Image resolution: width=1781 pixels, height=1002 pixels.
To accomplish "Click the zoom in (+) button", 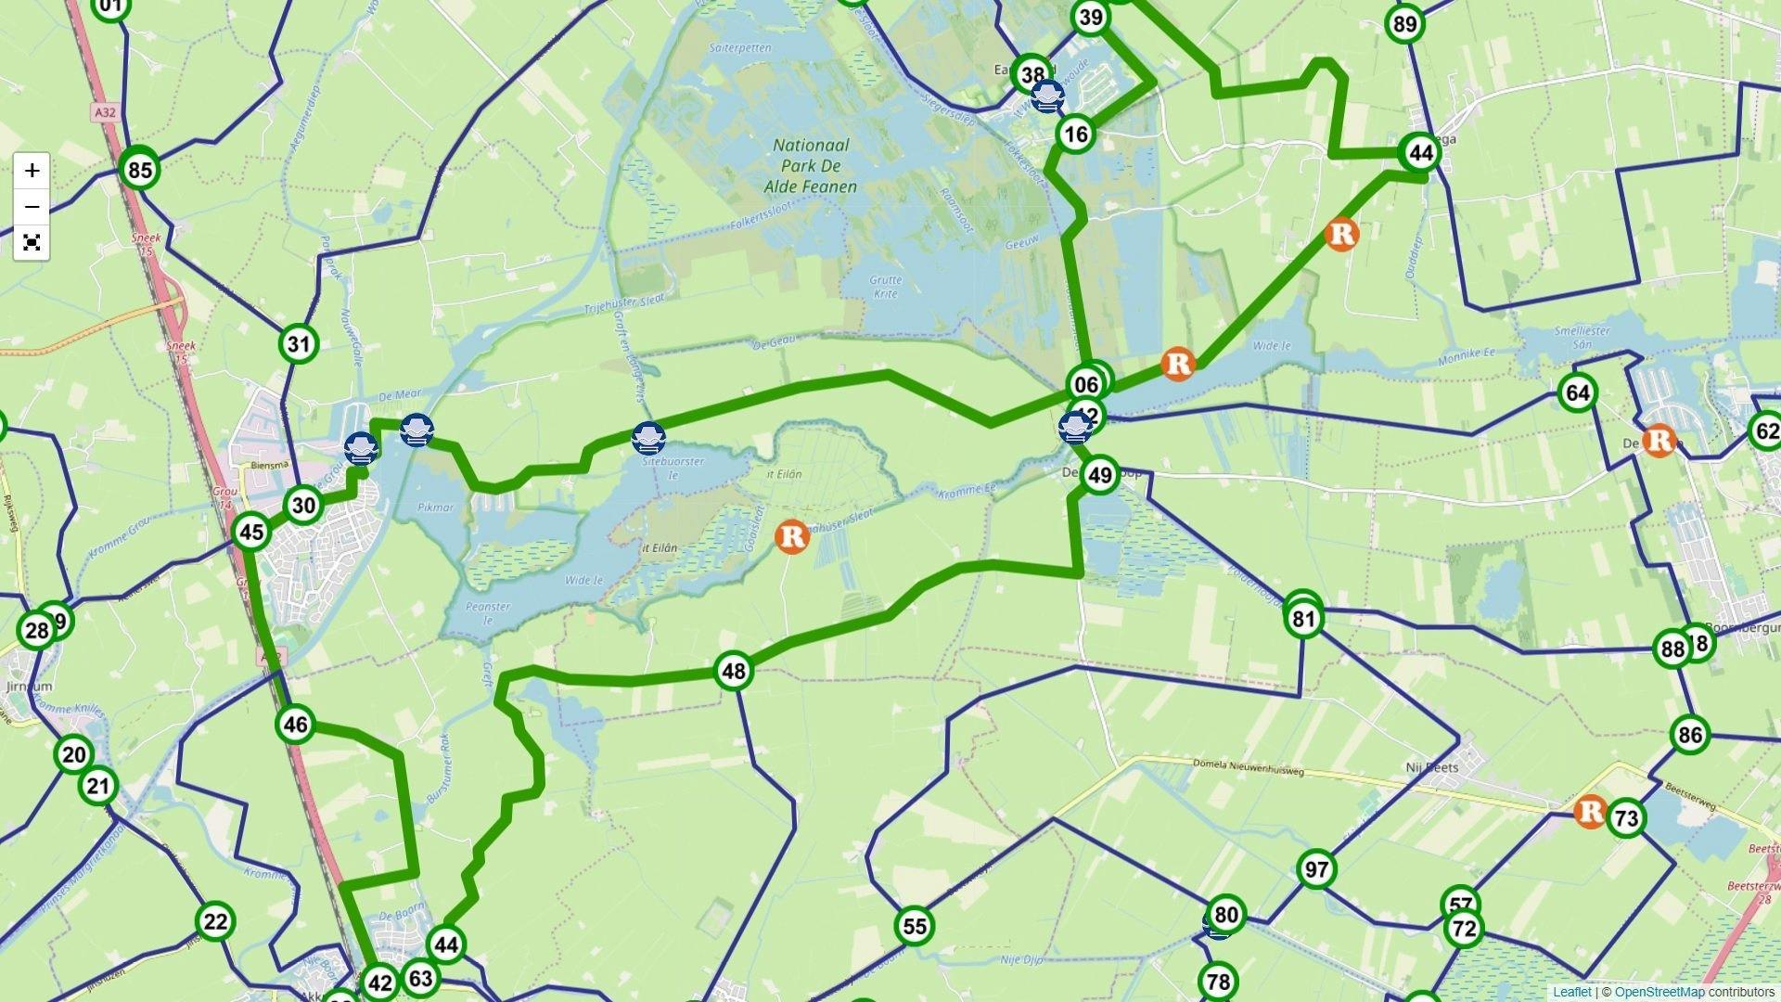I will point(32,171).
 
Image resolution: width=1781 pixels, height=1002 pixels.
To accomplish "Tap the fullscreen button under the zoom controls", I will point(32,243).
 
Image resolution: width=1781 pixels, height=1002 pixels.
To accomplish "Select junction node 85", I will point(139,170).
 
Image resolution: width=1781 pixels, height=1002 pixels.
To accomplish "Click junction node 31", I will point(298,344).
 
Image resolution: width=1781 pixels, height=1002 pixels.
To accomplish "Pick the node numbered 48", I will point(733,671).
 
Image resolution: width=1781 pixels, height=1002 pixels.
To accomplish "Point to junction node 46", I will point(295,725).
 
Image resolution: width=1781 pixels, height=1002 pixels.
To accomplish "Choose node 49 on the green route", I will point(1099,476).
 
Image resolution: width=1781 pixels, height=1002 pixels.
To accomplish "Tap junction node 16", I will point(1075,135).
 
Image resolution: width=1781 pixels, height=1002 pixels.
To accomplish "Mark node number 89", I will point(1404,24).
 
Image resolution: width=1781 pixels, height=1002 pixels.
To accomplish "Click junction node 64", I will point(1577,392).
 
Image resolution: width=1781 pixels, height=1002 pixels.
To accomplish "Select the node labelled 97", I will point(1316,869).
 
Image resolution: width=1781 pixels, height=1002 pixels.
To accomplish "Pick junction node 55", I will point(914,926).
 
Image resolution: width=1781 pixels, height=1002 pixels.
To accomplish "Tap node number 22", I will point(214,921).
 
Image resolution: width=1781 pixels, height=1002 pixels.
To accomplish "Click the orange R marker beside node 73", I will point(1590,812).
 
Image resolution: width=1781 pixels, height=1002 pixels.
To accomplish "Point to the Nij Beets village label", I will point(1431,767).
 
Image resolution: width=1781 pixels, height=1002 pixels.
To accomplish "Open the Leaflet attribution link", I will point(1571,992).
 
